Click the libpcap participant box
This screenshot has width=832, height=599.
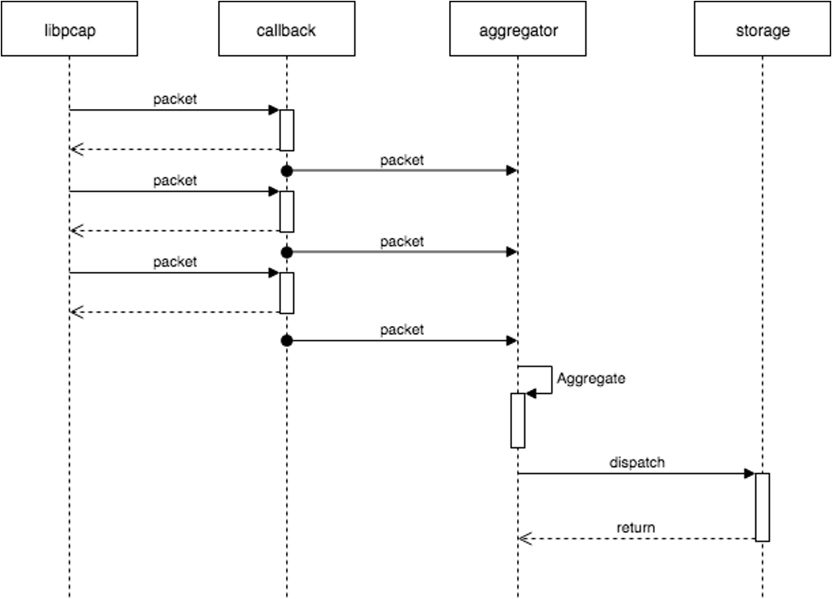[69, 30]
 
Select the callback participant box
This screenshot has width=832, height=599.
[286, 30]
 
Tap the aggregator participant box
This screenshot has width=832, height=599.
[518, 30]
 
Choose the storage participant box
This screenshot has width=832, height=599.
[763, 30]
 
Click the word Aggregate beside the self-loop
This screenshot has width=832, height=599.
[590, 378]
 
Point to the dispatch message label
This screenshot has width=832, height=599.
[637, 463]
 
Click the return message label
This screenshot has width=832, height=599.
[636, 528]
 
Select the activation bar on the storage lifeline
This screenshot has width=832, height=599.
[763, 506]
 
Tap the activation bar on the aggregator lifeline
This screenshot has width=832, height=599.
[518, 420]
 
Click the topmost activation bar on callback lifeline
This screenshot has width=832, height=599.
[287, 129]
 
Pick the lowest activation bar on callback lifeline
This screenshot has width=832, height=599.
[287, 292]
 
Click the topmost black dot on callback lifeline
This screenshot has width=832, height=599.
[286, 170]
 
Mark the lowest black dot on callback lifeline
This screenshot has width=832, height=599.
[286, 341]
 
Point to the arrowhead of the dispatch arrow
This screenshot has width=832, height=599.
[749, 473]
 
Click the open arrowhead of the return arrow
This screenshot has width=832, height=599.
[524, 538]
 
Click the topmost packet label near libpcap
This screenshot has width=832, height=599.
[175, 99]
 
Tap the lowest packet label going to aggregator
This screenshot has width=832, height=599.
[401, 329]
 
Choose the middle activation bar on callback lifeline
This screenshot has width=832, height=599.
[287, 211]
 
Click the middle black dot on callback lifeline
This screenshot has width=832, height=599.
[286, 252]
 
